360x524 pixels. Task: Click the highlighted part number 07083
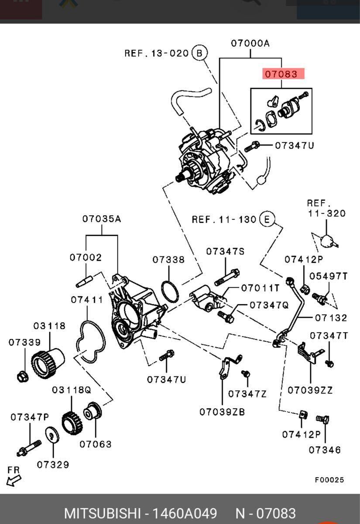coord(282,74)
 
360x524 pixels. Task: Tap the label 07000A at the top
coord(250,43)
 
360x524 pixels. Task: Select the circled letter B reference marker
coord(199,53)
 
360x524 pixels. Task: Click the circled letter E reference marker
coord(267,219)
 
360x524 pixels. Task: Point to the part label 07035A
coord(102,219)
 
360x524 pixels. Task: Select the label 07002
coord(86,258)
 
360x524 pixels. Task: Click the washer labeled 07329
coord(52,435)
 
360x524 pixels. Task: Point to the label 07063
coord(96,444)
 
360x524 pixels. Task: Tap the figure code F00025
coord(329,480)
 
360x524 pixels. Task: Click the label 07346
coord(325,450)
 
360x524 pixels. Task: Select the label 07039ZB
coord(222,412)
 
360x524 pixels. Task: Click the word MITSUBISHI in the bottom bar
coord(103,513)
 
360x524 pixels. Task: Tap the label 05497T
coord(329,276)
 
